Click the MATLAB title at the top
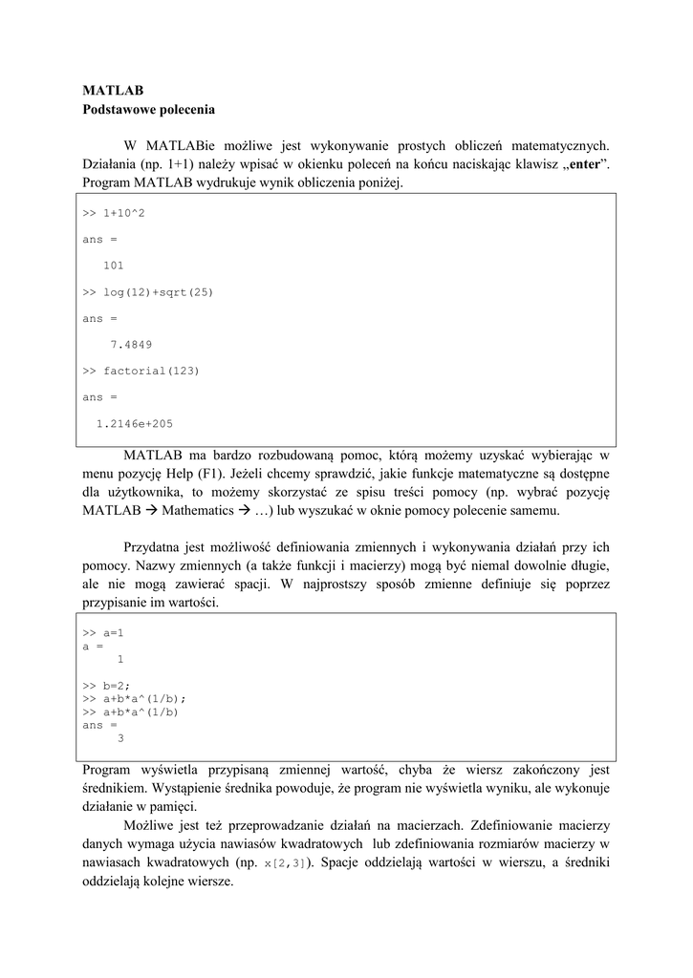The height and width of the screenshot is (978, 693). click(x=113, y=91)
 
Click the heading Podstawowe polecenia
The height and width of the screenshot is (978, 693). click(x=148, y=110)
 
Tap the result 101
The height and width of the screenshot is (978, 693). click(x=113, y=266)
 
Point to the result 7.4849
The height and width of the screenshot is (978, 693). click(x=131, y=345)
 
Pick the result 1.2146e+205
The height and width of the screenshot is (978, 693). click(x=135, y=423)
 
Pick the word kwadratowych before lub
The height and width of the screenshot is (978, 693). click(x=320, y=844)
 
